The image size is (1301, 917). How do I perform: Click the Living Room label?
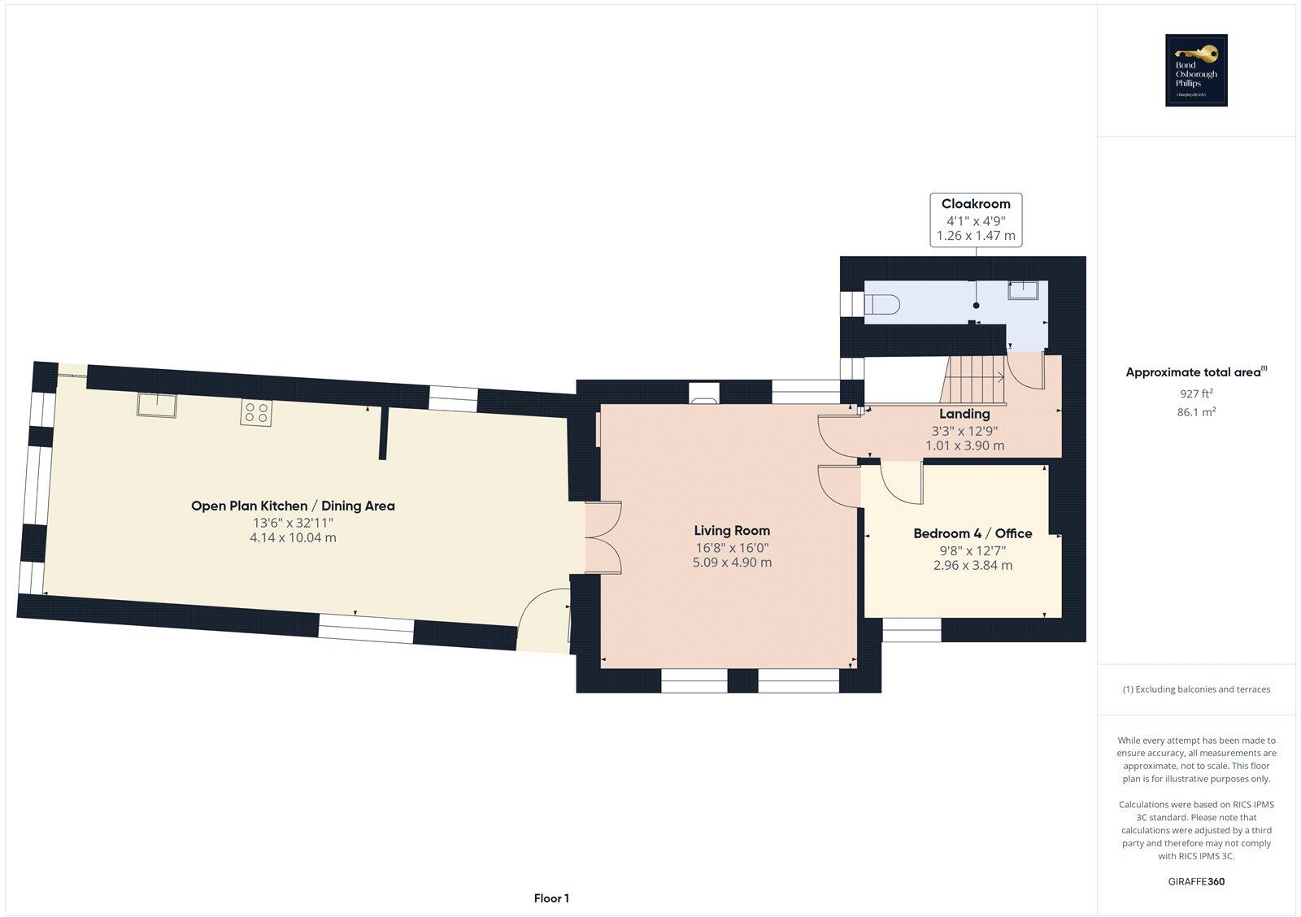(x=731, y=531)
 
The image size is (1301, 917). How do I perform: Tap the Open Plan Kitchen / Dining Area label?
(x=293, y=506)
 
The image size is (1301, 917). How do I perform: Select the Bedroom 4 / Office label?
(x=972, y=533)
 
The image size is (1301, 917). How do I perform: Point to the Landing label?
(x=964, y=414)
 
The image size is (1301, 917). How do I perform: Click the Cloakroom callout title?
(x=976, y=204)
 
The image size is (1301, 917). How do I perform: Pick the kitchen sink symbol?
(x=157, y=405)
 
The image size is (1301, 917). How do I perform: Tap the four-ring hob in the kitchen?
(x=256, y=413)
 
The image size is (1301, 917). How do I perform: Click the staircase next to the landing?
(x=974, y=380)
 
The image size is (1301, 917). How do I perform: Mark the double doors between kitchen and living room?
(x=604, y=537)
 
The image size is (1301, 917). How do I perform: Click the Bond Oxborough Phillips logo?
(x=1196, y=71)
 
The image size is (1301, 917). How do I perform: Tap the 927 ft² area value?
(x=1195, y=393)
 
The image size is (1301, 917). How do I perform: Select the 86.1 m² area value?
(x=1195, y=412)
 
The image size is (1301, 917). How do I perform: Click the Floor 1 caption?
(x=551, y=898)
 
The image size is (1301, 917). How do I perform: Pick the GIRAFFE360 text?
(x=1196, y=881)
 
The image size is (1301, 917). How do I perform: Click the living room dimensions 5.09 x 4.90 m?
(x=732, y=563)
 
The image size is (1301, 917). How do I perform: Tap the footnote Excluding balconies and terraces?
(x=1196, y=689)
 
